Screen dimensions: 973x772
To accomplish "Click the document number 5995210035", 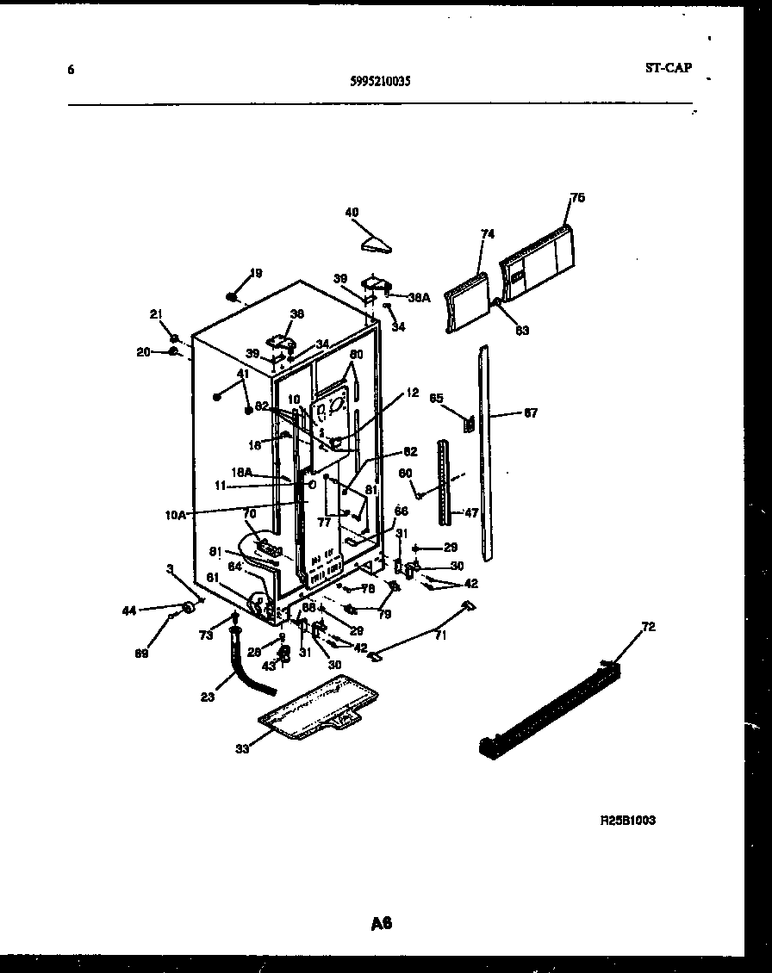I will pos(381,82).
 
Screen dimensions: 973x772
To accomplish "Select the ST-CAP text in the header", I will pos(667,68).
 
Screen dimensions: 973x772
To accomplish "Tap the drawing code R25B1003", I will pos(627,821).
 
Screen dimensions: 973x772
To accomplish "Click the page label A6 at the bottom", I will pos(382,924).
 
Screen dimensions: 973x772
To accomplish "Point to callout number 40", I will pos(352,213).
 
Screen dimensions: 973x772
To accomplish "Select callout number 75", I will pos(577,198).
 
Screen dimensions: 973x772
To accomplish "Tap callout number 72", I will pos(648,627).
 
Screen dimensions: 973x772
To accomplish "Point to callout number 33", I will pos(242,748).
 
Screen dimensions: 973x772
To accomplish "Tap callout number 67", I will pos(530,413).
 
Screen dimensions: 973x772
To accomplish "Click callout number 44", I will pos(129,610).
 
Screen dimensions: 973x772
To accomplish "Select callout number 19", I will pos(255,274).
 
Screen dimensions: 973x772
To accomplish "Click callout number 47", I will pos(470,512).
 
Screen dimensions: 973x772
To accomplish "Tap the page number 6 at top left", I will pos(71,70).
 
